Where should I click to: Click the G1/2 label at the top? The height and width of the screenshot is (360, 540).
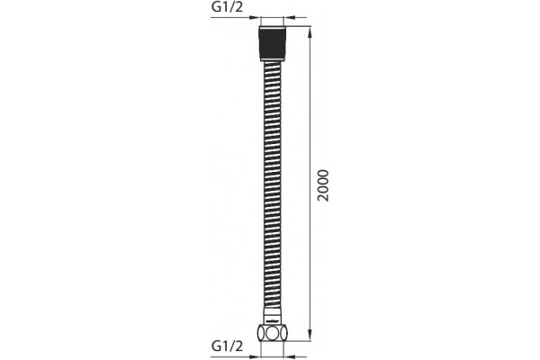tap(227, 7)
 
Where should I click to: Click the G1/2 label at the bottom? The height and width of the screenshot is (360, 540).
tap(227, 346)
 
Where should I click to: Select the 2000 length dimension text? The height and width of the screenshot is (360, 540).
tap(324, 185)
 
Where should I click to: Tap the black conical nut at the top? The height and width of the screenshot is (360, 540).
tap(272, 44)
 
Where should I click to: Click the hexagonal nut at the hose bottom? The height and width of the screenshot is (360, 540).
tap(272, 333)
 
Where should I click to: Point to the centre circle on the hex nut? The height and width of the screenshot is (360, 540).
tap(272, 333)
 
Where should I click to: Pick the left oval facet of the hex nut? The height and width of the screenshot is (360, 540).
tap(261, 333)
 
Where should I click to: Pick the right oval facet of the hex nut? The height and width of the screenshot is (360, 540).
tap(283, 333)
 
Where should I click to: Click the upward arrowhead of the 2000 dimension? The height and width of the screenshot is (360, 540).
tap(310, 31)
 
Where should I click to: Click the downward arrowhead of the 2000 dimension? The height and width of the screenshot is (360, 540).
tap(310, 336)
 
